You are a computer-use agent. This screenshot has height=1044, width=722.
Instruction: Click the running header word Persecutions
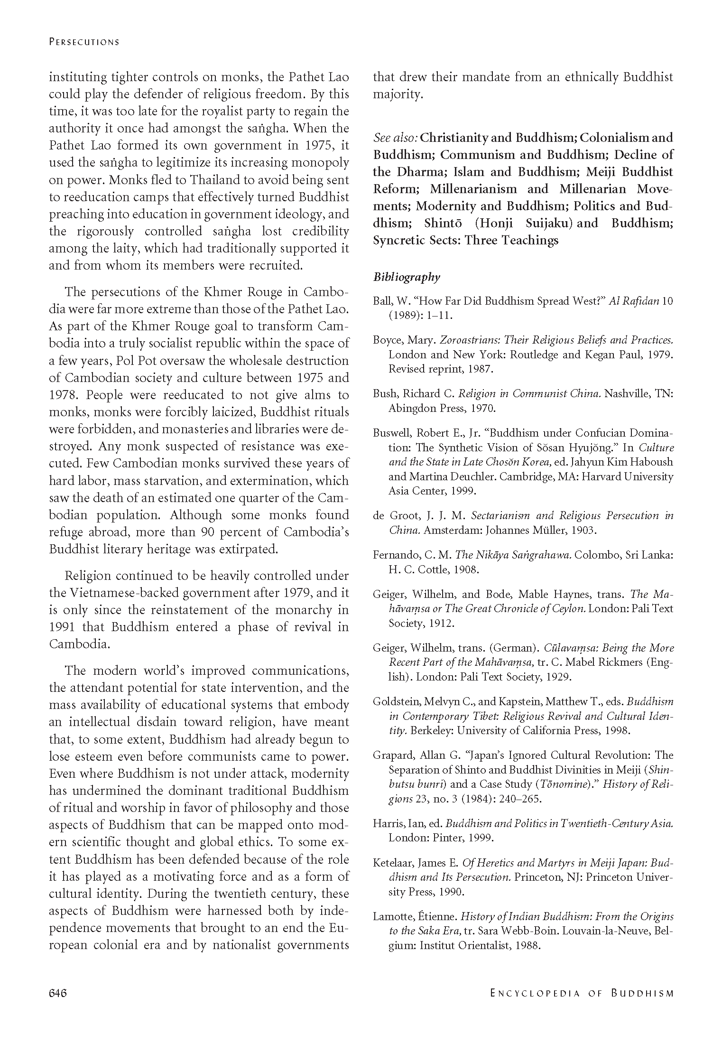84,42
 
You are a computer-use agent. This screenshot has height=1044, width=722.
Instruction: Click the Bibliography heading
407,277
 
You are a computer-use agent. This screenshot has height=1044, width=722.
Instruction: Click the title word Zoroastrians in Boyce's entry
470,340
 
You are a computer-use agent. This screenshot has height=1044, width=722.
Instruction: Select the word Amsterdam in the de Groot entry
444,530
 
